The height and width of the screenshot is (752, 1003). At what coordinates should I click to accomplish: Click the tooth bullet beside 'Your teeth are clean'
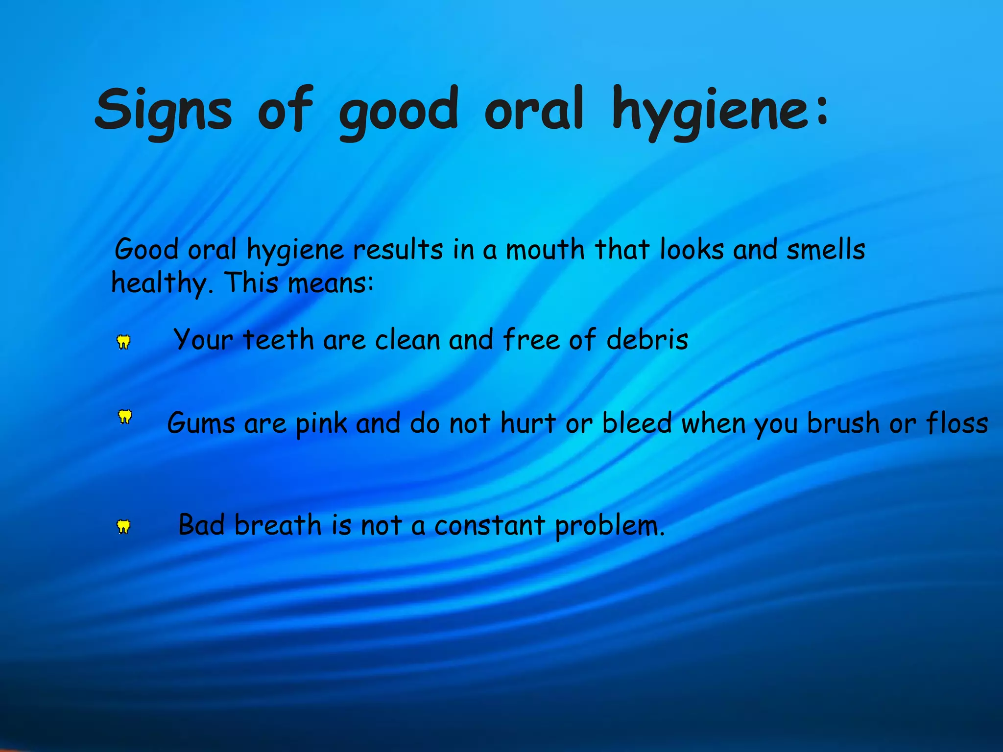[123, 342]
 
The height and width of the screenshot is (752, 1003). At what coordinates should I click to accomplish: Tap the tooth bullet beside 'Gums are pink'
[125, 417]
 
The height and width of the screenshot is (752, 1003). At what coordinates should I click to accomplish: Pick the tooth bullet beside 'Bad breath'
[123, 527]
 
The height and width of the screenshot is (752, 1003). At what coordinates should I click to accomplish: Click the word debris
[647, 339]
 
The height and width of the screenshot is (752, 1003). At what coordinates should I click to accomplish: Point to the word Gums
[201, 423]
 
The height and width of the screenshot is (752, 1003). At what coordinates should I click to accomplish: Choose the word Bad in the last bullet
[201, 525]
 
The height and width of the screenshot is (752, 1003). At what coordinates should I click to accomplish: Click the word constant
[490, 526]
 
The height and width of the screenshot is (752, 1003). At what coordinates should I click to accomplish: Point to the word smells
[825, 249]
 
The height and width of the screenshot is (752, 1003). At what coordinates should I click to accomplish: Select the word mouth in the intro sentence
[545, 250]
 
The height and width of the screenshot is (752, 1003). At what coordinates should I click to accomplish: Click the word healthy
[160, 283]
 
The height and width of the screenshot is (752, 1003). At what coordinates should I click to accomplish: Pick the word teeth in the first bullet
[278, 339]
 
